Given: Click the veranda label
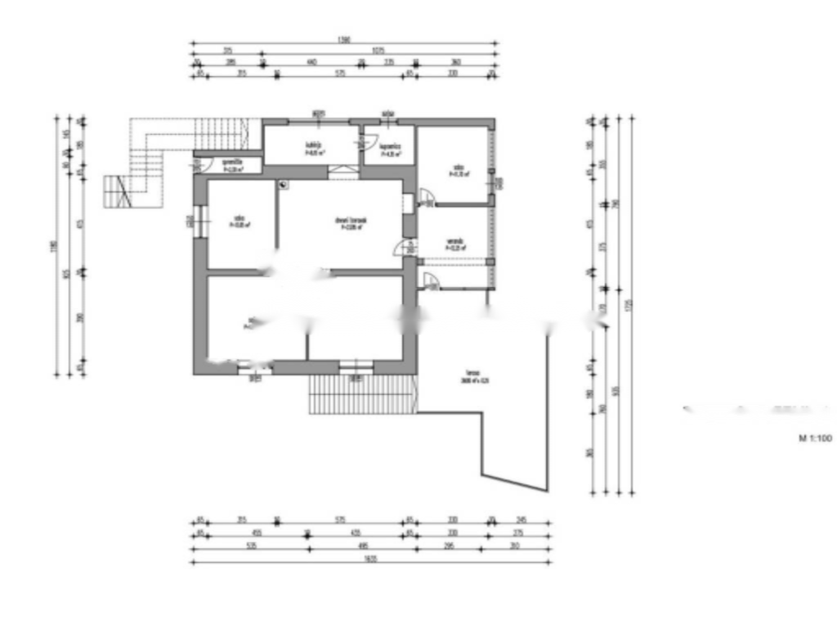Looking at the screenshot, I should coord(456,244).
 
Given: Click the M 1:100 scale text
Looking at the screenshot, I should coord(815,439).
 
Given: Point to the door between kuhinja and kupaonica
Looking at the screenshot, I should coord(360,144).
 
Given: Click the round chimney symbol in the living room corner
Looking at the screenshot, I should coord(283,185).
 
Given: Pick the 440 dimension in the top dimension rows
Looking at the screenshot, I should coord(311,62).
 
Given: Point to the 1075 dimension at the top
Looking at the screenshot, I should coord(378,51).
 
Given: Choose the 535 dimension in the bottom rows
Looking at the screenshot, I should coord(249,548).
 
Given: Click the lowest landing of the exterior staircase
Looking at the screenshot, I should coord(114,192).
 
